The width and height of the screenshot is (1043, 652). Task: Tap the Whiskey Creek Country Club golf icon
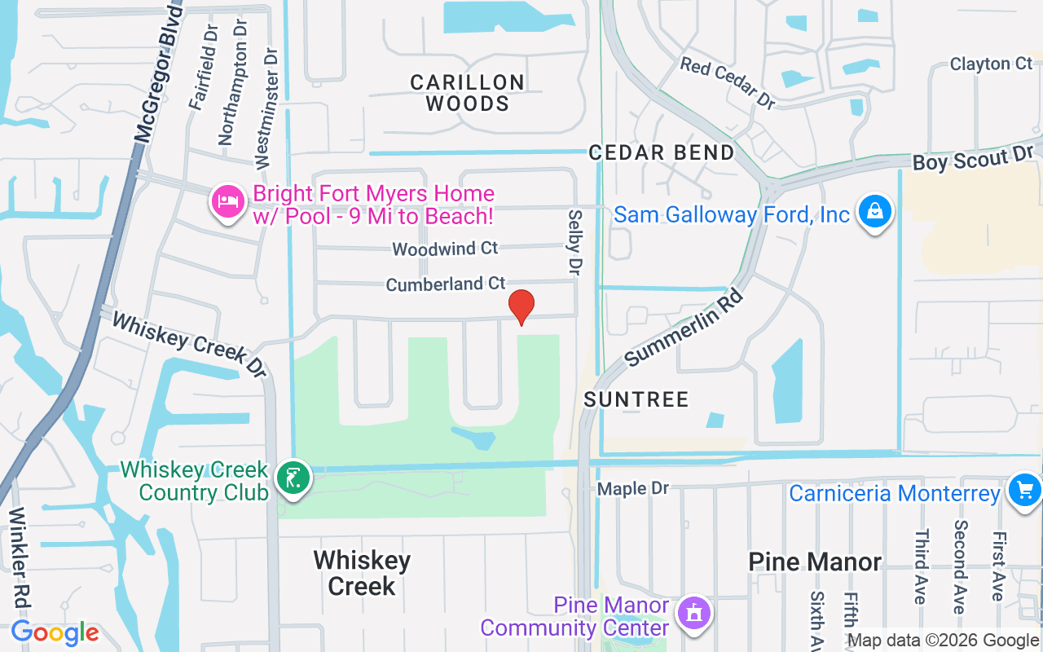tap(293, 478)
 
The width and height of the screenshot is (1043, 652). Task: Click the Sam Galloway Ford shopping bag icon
tap(874, 212)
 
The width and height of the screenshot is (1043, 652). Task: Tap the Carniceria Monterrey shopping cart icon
tap(1024, 491)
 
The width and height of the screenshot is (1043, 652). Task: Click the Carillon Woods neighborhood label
tap(467, 93)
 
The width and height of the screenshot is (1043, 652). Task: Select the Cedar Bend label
tap(662, 152)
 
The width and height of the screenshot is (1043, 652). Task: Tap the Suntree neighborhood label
tap(636, 399)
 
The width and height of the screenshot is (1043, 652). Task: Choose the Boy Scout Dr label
tap(973, 159)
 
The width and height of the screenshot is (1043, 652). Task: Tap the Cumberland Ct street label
tap(446, 284)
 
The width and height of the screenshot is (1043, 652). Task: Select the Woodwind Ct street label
tap(445, 248)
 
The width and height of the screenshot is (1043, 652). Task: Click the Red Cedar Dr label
tap(728, 82)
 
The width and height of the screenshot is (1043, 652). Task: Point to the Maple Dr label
tap(632, 488)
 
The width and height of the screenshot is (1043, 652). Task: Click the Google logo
tap(55, 632)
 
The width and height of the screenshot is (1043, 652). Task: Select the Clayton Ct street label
tap(991, 64)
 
